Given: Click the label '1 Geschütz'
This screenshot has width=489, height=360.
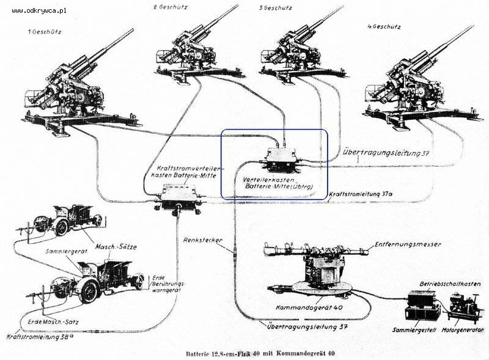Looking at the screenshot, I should tap(45, 31).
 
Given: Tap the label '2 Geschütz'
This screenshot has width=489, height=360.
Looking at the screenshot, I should tap(171, 7).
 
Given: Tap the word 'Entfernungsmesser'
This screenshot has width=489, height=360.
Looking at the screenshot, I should tap(408, 244).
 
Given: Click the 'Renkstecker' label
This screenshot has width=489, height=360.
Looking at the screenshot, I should tap(202, 240).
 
